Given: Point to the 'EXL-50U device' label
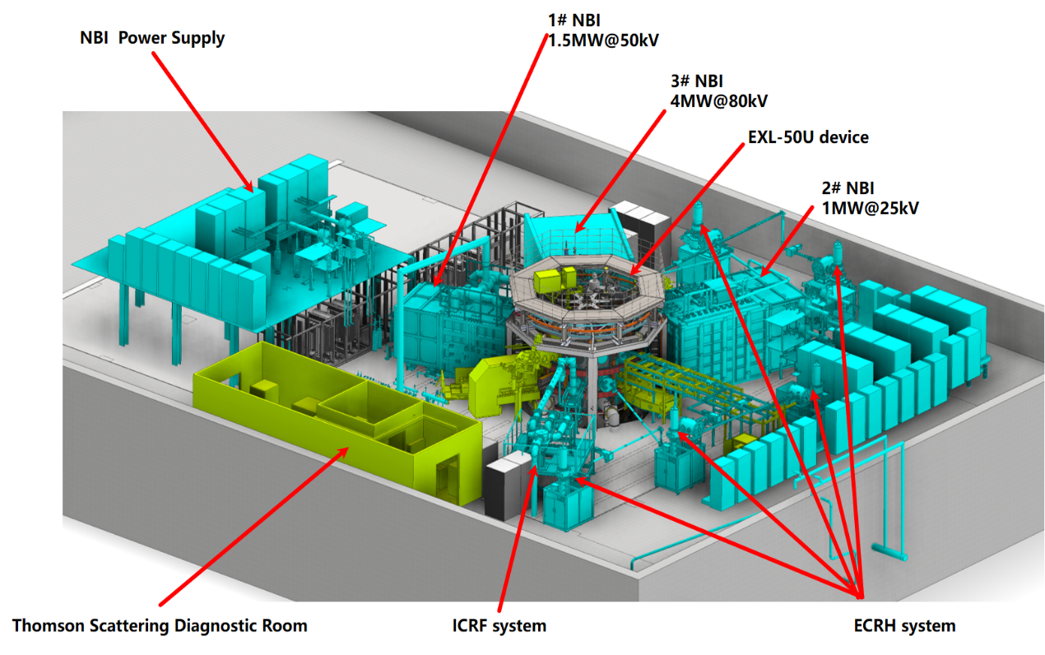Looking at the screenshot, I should point(808,137).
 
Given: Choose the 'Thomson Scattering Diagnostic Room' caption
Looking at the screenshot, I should point(160,625).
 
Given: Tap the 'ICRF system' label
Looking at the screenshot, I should point(499,625).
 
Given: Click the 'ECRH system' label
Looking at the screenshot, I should point(904,625).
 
